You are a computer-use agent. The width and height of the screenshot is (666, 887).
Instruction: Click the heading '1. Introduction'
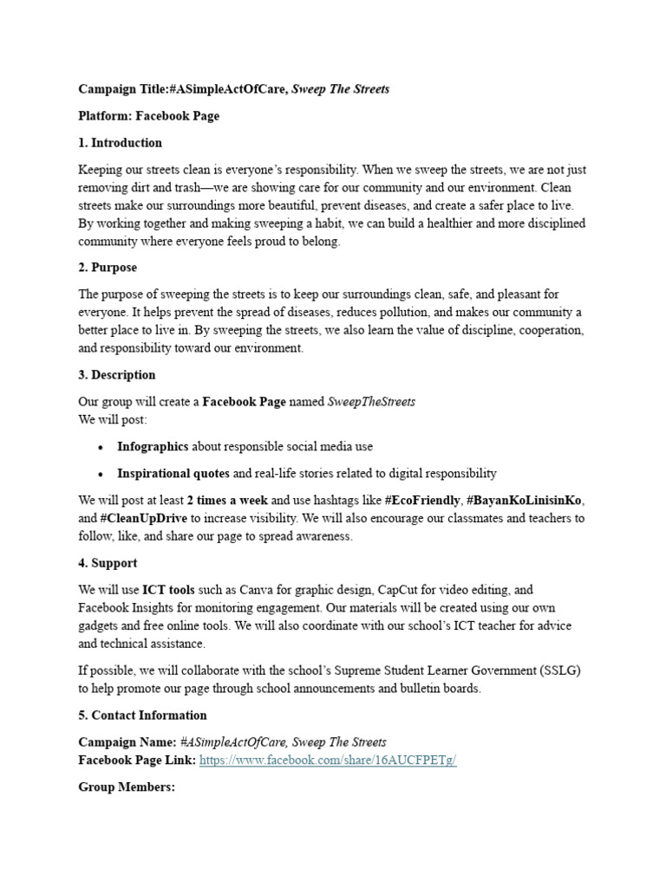pyautogui.click(x=120, y=143)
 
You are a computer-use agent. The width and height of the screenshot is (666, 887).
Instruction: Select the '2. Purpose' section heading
pyautogui.click(x=108, y=268)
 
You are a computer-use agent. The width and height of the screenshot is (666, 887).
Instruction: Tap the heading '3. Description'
pyautogui.click(x=117, y=375)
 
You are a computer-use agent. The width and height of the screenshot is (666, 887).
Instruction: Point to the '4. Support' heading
pyautogui.click(x=108, y=563)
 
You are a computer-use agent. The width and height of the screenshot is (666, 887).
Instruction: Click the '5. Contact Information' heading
pyautogui.click(x=142, y=715)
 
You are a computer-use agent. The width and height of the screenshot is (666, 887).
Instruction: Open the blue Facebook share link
pyautogui.click(x=328, y=760)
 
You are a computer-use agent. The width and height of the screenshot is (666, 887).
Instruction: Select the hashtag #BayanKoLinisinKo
pyautogui.click(x=525, y=501)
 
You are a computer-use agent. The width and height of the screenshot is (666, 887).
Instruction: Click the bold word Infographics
pyautogui.click(x=153, y=447)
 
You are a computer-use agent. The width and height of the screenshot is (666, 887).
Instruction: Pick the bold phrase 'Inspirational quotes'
pyautogui.click(x=173, y=474)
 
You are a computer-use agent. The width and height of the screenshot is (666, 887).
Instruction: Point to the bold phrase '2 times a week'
pyautogui.click(x=227, y=501)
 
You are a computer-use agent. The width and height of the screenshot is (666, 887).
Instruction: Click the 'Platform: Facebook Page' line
pyautogui.click(x=148, y=116)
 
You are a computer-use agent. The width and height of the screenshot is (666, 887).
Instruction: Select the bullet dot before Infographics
pyautogui.click(x=101, y=448)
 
